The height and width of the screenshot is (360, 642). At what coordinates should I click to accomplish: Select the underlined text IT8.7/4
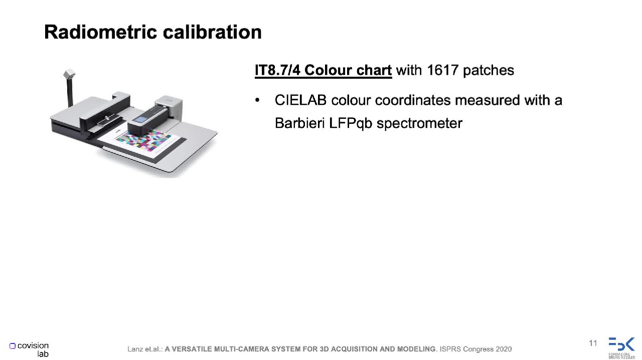click(x=278, y=70)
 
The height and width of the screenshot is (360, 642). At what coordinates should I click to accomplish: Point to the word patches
click(x=489, y=71)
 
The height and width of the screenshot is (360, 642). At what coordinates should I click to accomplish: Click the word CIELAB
click(x=300, y=100)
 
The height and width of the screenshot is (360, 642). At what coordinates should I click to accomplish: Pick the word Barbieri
click(x=299, y=123)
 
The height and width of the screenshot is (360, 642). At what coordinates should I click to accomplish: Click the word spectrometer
click(x=419, y=124)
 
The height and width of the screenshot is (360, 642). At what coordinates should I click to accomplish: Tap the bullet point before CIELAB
click(x=257, y=100)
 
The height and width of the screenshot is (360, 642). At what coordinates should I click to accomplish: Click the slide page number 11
click(x=593, y=343)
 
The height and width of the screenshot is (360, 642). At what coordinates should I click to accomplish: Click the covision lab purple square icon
click(x=13, y=346)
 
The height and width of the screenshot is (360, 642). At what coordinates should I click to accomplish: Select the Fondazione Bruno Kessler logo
click(x=621, y=347)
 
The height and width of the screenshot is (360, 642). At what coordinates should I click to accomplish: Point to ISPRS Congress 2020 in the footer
click(x=475, y=349)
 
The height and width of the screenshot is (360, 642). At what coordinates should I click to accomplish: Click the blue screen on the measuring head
click(x=139, y=119)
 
